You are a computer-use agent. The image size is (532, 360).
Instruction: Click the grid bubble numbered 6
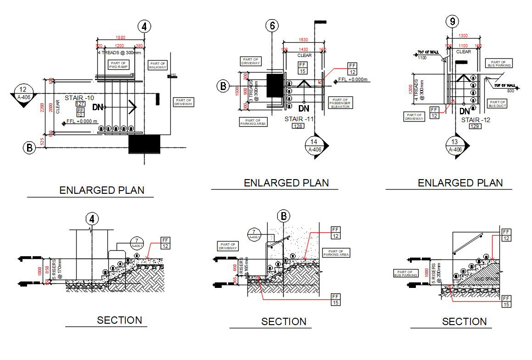[273, 26]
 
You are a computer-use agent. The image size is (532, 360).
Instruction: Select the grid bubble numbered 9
[453, 21]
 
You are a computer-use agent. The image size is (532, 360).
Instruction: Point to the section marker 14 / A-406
[314, 146]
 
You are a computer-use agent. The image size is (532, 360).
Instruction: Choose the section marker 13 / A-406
[455, 146]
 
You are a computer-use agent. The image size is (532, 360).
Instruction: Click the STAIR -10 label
[79, 98]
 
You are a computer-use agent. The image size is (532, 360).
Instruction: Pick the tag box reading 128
[298, 126]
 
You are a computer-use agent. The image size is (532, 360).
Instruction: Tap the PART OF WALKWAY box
[157, 66]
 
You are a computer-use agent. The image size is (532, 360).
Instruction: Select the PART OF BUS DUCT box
[498, 104]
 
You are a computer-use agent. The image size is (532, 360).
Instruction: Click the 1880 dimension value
[120, 37]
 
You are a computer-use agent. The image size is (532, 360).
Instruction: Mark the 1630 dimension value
[303, 40]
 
